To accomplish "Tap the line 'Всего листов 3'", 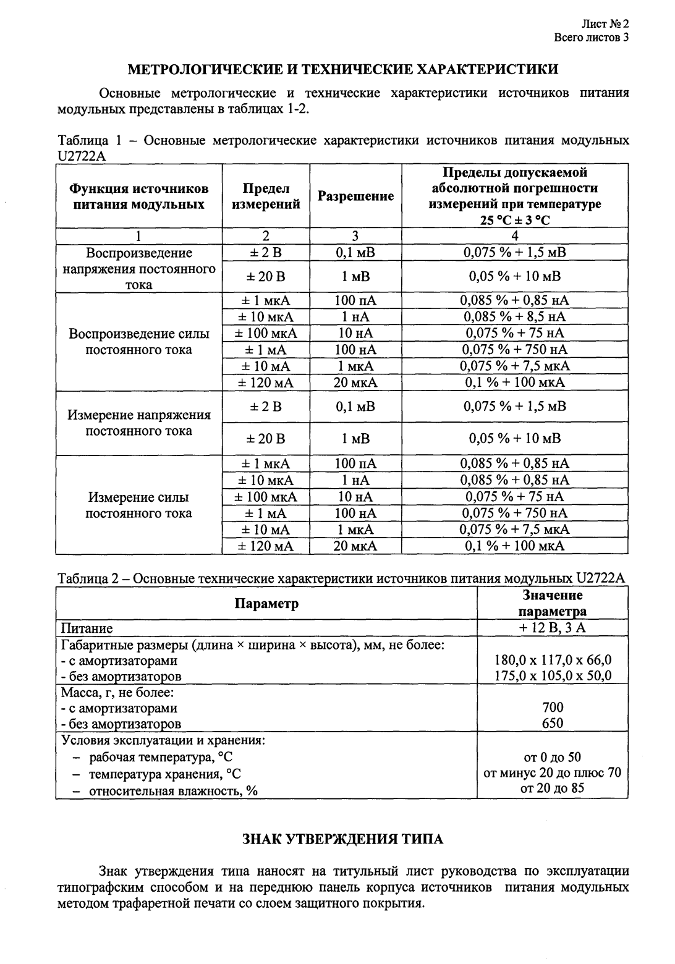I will coord(592,38).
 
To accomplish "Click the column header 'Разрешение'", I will coord(355,196).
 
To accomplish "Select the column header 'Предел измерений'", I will coord(266,196).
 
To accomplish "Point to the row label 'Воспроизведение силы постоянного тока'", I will coord(139,342).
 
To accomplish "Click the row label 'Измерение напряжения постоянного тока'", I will coord(139,423).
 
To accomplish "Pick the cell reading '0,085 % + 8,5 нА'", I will coord(515,317).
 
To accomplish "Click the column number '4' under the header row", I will coord(515,236).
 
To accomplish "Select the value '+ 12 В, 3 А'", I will coord(553,628).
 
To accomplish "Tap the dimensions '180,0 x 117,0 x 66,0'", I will coord(553,659).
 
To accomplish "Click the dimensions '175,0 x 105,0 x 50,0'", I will coord(553,675).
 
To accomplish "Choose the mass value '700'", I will coord(553,708).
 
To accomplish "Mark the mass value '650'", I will coord(553,724).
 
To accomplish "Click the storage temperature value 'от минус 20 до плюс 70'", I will coord(553,772).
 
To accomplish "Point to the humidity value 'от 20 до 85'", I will coord(553,788).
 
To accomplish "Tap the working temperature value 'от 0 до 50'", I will coord(553,757).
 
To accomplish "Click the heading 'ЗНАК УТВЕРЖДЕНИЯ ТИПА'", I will coord(342,839).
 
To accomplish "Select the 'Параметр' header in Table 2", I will coord(266,603).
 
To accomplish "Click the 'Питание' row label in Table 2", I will coord(87,628).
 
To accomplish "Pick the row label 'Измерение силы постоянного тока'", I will coord(139,505).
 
